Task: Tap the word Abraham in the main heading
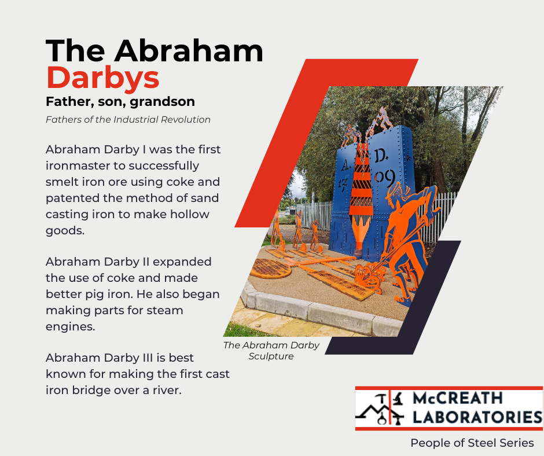[189, 51]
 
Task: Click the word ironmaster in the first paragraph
[78, 166]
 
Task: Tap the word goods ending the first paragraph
[65, 231]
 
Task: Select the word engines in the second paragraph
[70, 327]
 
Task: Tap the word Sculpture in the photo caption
[271, 356]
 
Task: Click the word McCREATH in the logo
[458, 398]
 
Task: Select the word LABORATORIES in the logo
[477, 417]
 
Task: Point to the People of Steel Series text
[472, 443]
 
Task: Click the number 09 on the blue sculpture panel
[384, 176]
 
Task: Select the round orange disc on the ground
[271, 269]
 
